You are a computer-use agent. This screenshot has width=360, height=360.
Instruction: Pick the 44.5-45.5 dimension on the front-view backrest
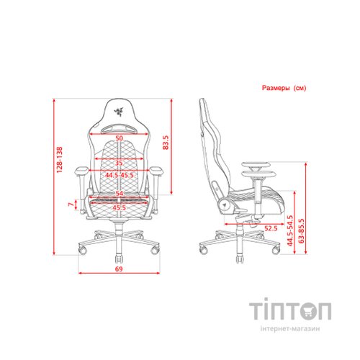(x=119, y=175)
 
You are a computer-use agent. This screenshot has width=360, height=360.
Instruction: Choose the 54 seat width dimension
(x=117, y=194)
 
